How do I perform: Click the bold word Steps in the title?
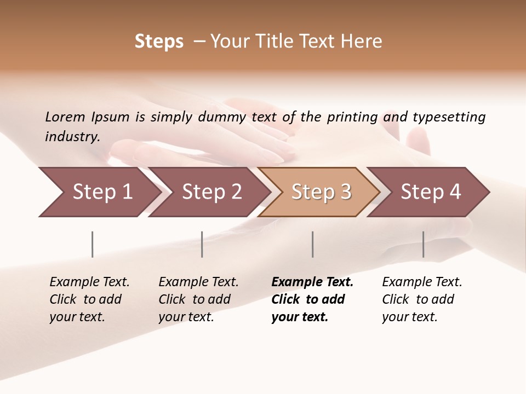tap(159, 42)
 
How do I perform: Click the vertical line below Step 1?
tap(93, 244)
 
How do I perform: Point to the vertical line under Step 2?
tap(202, 244)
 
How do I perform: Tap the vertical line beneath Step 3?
tap(312, 244)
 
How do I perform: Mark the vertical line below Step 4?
tap(423, 244)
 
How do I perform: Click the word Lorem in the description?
tap(65, 117)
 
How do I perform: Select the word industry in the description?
tap(72, 137)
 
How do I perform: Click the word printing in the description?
tap(352, 117)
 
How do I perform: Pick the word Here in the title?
tap(361, 42)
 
